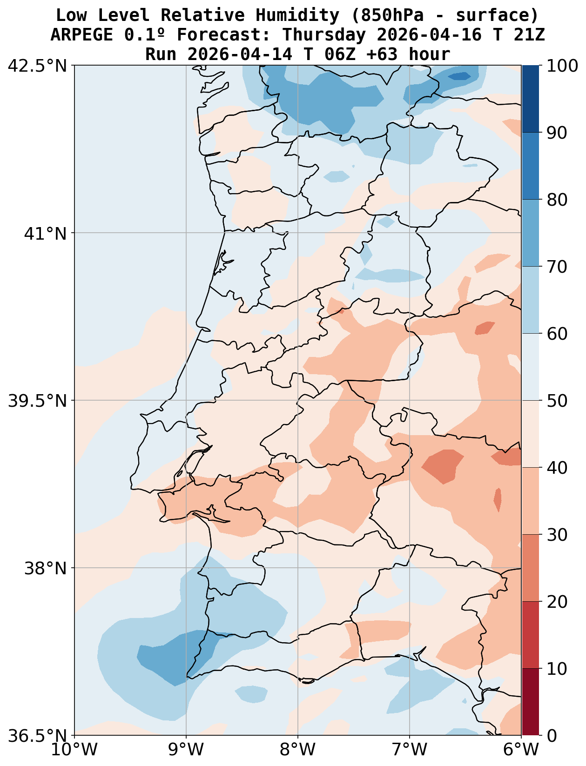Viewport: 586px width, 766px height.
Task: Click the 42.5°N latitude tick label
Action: click(x=38, y=66)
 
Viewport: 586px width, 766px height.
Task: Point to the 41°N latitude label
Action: click(x=46, y=233)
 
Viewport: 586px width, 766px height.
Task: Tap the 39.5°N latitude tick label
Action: click(x=38, y=401)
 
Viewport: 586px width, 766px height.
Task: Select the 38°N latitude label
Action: click(x=46, y=568)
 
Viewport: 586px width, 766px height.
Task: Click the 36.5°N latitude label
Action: click(x=38, y=736)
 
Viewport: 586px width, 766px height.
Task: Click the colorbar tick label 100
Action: click(x=563, y=66)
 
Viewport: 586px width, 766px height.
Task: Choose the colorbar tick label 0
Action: click(x=551, y=736)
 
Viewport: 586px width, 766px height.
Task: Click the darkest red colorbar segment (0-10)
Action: click(x=530, y=702)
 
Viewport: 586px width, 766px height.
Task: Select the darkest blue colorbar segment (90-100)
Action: click(x=530, y=99)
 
